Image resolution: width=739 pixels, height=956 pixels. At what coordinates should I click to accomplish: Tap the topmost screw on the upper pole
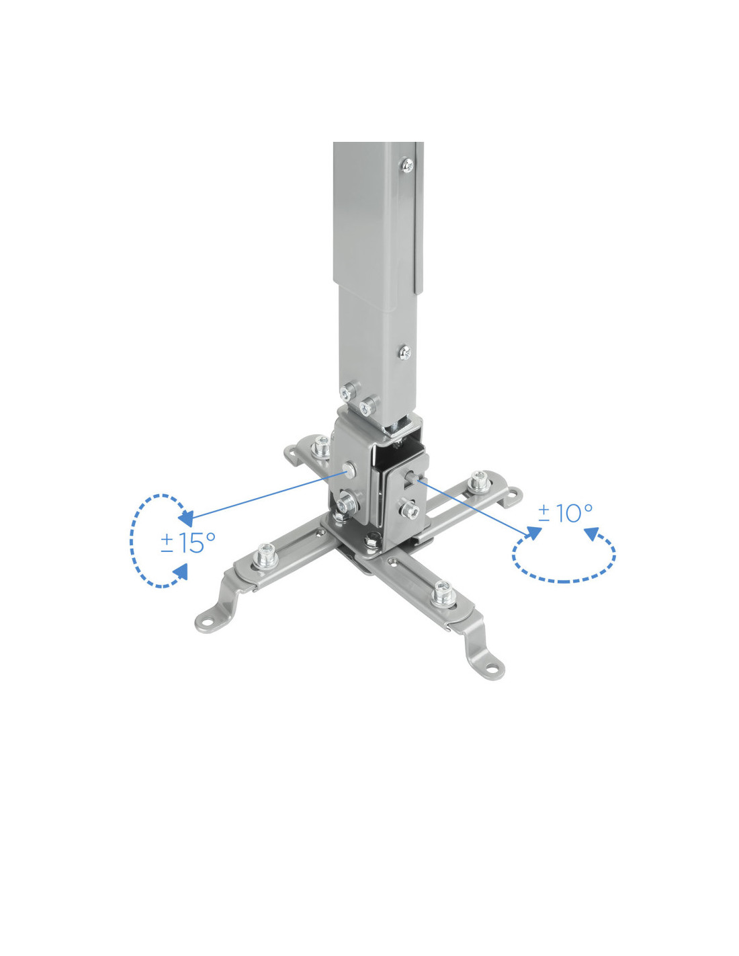(408, 165)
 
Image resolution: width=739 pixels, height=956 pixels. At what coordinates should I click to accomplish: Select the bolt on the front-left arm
(266, 556)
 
